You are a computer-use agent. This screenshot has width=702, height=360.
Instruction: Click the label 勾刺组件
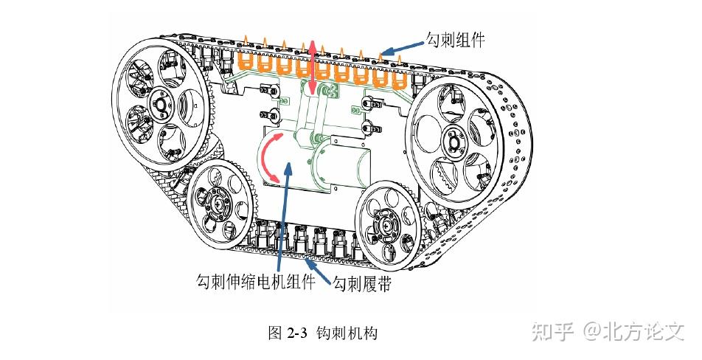pos(455,38)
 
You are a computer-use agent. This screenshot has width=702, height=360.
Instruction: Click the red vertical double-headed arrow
pos(313,67)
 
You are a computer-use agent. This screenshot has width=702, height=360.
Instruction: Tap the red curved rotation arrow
pos(268,158)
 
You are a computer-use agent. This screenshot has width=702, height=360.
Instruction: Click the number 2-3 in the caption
pos(296,333)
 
